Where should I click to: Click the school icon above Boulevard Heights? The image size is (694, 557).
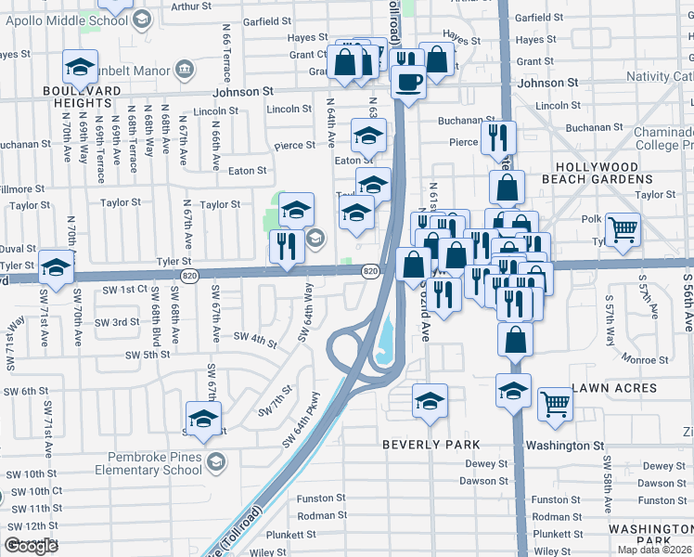(x=81, y=68)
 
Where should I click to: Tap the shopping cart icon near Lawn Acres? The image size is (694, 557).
(x=555, y=403)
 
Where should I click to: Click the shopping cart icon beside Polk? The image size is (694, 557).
(x=623, y=227)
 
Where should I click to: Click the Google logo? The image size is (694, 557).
(x=31, y=546)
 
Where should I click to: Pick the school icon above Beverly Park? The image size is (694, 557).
(x=430, y=402)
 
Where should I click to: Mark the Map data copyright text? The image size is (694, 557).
(x=653, y=549)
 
